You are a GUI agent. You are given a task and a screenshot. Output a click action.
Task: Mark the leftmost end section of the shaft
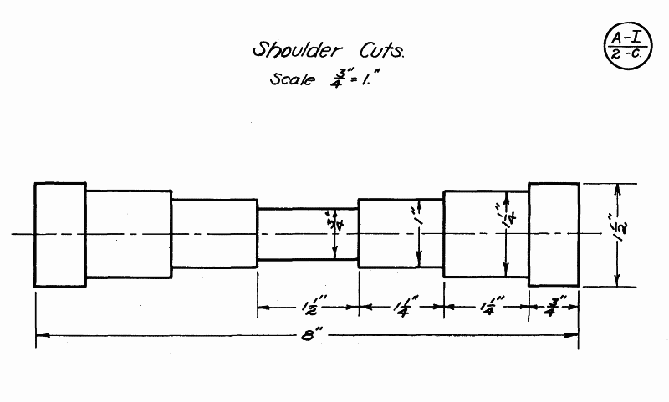pyautogui.click(x=59, y=234)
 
